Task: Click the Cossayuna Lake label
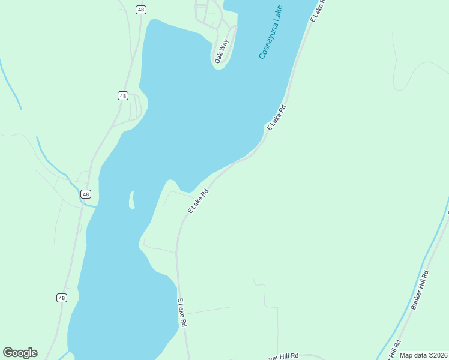pyautogui.click(x=271, y=32)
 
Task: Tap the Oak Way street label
pyautogui.click(x=222, y=50)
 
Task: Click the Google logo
pyautogui.click(x=20, y=353)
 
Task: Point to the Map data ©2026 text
pyautogui.click(x=423, y=355)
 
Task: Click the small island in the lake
pyautogui.click(x=131, y=200)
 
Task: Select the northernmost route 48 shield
pyautogui.click(x=140, y=10)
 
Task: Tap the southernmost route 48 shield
pyautogui.click(x=62, y=298)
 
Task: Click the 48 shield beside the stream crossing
pyautogui.click(x=86, y=194)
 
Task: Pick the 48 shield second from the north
pyautogui.click(x=122, y=95)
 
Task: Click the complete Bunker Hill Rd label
pyautogui.click(x=420, y=290)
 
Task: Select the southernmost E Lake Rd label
pyautogui.click(x=182, y=313)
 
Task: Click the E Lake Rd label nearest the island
pyautogui.click(x=198, y=201)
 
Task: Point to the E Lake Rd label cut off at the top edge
pyautogui.click(x=318, y=11)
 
